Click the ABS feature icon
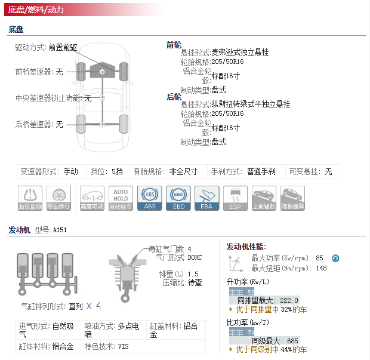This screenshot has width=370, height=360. [149, 198]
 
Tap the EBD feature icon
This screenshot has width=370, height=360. [178, 198]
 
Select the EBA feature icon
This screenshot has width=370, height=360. [206, 198]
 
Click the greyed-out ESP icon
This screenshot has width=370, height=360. [235, 198]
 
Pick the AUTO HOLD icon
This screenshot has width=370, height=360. [121, 198]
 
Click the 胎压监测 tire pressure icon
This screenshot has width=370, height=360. [30, 198]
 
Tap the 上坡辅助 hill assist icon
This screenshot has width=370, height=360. [264, 198]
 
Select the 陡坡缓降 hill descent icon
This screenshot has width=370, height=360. [292, 198]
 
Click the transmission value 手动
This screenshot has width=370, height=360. [70, 172]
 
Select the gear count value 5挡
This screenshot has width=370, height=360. [117, 172]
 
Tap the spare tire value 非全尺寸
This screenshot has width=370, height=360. [183, 172]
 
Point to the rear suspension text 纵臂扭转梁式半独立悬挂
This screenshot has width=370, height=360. [251, 104]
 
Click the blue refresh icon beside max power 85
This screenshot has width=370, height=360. [335, 259]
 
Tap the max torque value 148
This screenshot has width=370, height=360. [322, 269]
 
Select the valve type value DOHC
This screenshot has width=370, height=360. [195, 258]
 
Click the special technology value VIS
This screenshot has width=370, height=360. [123, 346]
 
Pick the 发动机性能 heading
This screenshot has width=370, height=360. [246, 247]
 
